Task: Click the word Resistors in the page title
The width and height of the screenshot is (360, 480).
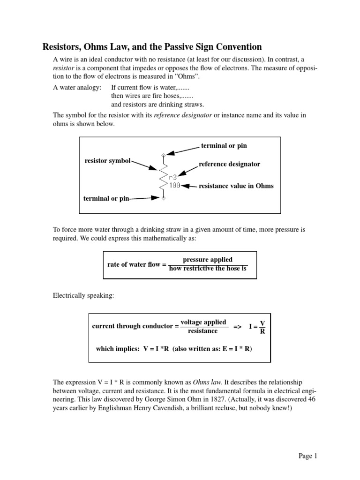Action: point(63,47)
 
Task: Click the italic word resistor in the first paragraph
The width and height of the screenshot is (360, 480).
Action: point(64,68)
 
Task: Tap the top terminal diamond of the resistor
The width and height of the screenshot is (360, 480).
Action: point(163,155)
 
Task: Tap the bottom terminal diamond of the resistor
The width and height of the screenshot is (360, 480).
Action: point(163,199)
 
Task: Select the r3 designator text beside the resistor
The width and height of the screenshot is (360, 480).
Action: point(173,177)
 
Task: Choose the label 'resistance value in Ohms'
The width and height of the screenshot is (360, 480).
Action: point(236,186)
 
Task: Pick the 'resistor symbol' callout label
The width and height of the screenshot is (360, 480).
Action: point(107,161)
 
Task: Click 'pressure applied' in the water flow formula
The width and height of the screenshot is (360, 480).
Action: point(207,260)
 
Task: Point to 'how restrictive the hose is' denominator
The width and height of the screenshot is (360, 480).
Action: point(207,269)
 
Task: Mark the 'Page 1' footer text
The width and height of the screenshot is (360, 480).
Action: point(308,456)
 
